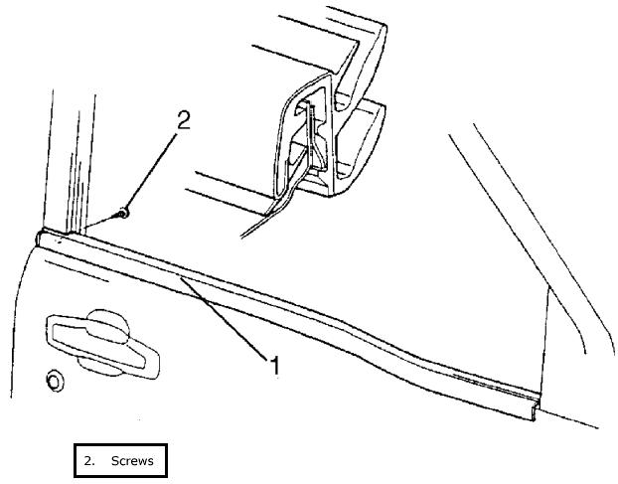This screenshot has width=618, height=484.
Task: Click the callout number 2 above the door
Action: coord(182,121)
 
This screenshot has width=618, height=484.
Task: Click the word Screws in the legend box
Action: coord(132,461)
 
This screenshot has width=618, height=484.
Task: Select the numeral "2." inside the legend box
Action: coord(89,461)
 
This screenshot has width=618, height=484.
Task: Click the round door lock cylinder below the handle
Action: coord(53,381)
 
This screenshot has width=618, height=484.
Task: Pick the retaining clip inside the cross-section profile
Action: coord(314,139)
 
